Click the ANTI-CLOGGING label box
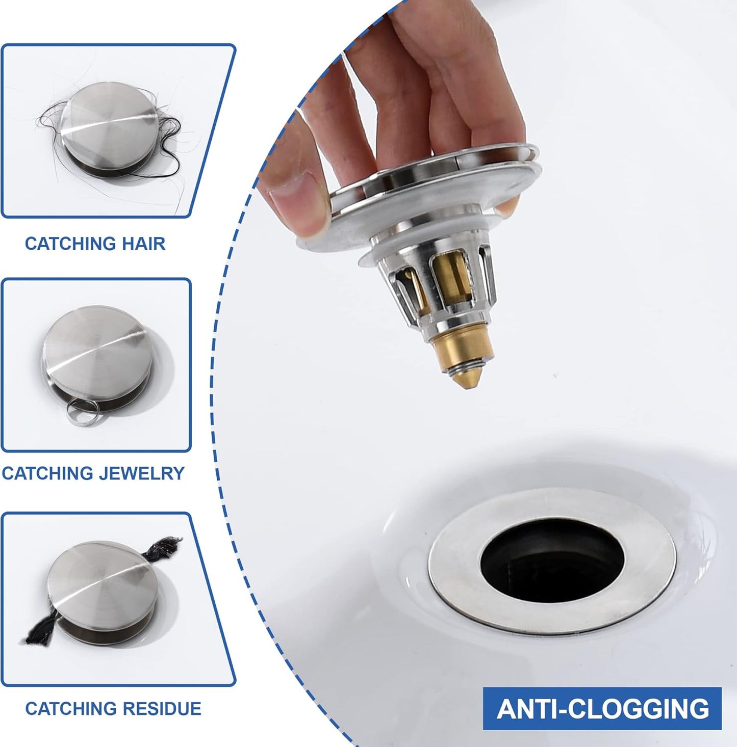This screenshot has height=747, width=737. (602, 709)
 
